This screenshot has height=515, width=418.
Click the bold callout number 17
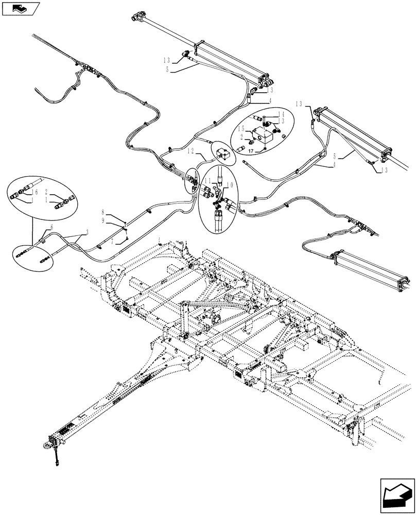point(252,151)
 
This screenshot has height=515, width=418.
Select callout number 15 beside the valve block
point(241,129)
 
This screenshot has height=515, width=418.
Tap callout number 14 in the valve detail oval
point(281,114)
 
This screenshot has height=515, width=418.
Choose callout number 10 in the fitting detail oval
point(230,184)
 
